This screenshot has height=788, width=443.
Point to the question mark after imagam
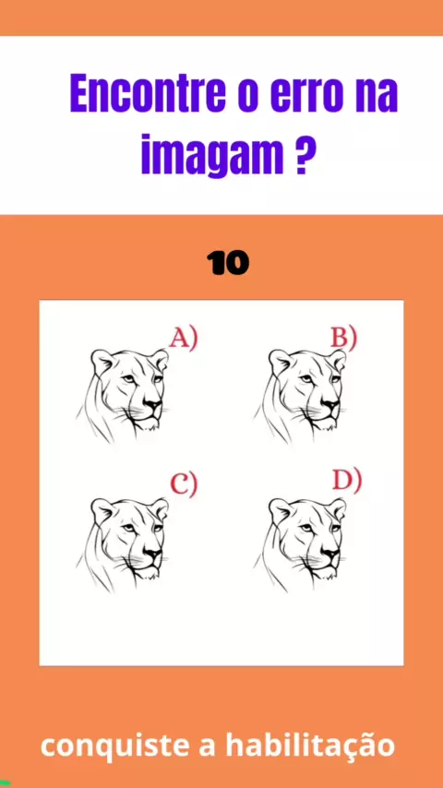300,153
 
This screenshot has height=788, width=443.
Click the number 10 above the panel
228,263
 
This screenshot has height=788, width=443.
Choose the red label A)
184,338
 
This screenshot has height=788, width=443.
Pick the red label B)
343,338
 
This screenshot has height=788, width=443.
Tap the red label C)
184,484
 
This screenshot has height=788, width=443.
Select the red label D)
346,482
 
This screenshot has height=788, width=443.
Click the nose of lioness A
153,404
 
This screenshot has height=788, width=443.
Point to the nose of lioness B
330,404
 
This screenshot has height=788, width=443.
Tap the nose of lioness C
153,554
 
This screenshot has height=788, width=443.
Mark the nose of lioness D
330,554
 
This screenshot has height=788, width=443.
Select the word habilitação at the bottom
310,745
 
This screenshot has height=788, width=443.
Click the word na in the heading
378,93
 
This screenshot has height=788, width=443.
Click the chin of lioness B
326,424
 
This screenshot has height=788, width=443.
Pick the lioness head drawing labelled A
122,396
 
